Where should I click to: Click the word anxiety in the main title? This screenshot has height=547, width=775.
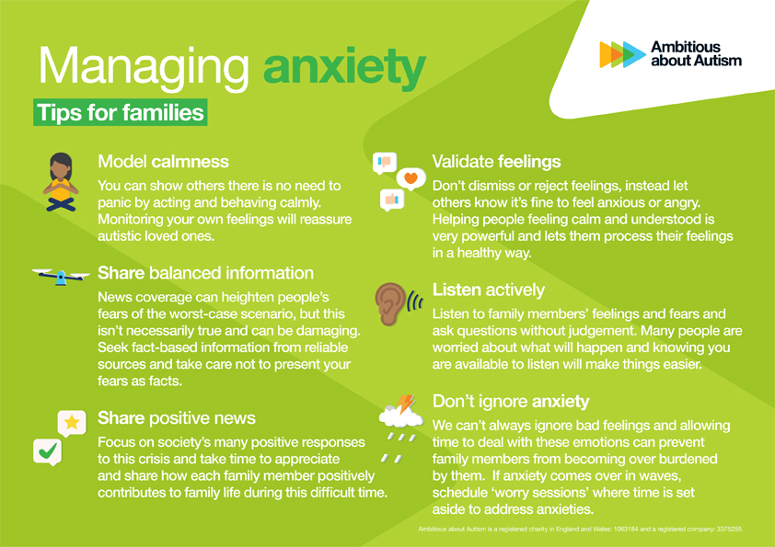click(x=344, y=68)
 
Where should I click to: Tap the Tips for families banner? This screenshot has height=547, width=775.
click(x=120, y=112)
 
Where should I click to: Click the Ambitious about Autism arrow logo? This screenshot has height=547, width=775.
click(x=622, y=54)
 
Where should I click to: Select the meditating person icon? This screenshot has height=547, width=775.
click(x=61, y=182)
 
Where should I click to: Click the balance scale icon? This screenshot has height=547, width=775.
click(x=61, y=276)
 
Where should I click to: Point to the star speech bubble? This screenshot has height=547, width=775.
click(x=72, y=423)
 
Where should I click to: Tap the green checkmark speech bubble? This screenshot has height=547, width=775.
click(x=48, y=451)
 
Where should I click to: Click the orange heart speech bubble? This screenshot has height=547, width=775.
click(x=411, y=178)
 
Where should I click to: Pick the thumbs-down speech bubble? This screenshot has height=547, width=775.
click(x=385, y=163)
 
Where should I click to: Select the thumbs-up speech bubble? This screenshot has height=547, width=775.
click(x=392, y=199)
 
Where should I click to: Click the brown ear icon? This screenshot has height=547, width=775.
click(x=390, y=303)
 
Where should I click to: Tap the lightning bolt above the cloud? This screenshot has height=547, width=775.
click(x=406, y=404)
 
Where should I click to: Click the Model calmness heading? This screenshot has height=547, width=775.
click(x=163, y=162)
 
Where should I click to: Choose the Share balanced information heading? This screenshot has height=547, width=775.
click(x=205, y=273)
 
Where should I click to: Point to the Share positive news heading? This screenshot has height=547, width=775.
click(x=177, y=418)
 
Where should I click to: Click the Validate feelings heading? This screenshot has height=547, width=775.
click(x=496, y=162)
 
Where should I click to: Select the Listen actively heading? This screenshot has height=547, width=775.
click(x=489, y=290)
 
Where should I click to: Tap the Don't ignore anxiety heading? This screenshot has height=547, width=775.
click(x=511, y=402)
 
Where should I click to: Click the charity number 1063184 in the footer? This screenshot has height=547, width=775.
click(x=626, y=530)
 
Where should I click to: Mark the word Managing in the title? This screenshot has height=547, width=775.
click(x=144, y=68)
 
